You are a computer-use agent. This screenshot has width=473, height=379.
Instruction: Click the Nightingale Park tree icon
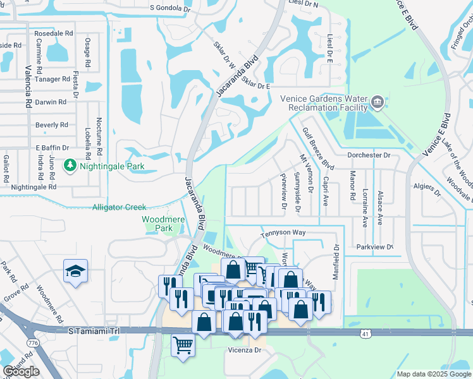(x=70, y=166)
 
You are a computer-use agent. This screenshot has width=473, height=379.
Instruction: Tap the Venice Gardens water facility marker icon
(x=378, y=101)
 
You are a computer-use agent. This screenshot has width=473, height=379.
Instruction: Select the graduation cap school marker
(x=75, y=272)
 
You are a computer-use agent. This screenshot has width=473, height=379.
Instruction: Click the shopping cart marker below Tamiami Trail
(x=183, y=345)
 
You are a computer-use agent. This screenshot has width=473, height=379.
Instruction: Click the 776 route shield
(x=31, y=342)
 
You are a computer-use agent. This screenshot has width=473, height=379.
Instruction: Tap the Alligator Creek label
(x=120, y=207)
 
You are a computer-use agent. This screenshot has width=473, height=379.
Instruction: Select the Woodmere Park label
(x=157, y=224)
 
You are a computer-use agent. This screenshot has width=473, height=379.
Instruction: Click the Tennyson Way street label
(x=284, y=232)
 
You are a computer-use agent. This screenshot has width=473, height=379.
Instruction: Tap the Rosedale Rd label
(x=54, y=33)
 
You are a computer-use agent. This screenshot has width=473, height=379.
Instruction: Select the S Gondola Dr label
(x=169, y=9)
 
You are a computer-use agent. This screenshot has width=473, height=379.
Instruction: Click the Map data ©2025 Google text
(x=433, y=374)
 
